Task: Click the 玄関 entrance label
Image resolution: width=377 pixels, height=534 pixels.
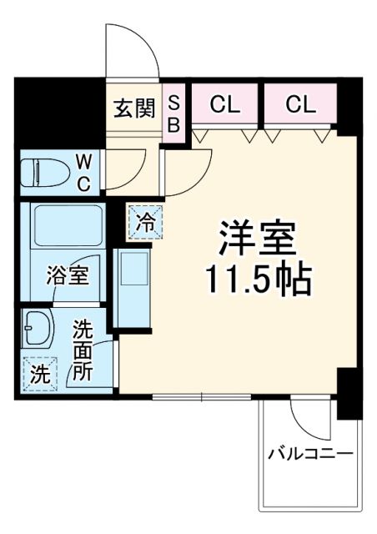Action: pos(134,108)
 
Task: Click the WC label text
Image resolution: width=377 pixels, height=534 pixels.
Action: pos(84,172)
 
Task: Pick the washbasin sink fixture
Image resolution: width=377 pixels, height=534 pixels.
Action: pos(38,330)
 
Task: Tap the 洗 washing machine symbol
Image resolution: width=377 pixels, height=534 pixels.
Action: pos(40,373)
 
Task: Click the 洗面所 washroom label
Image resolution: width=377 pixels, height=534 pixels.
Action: pos(81,350)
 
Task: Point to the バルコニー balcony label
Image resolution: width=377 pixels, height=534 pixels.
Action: pos(310,454)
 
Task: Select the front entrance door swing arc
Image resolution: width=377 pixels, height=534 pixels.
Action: pos(132,50)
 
